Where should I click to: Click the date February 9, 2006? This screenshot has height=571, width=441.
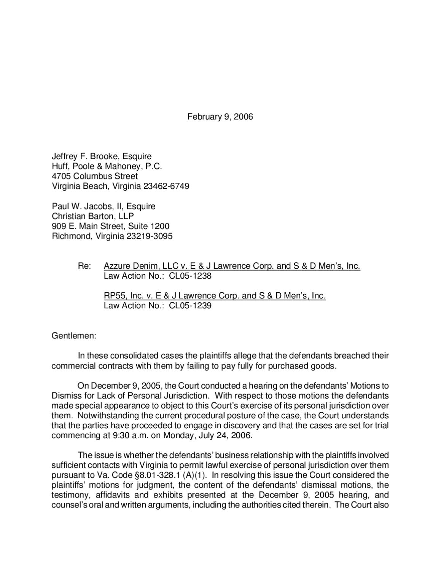click(x=220, y=116)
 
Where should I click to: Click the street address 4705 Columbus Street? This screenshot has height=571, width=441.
click(x=95, y=176)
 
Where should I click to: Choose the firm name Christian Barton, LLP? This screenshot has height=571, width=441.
click(x=93, y=216)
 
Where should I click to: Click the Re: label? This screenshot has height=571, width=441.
click(x=84, y=266)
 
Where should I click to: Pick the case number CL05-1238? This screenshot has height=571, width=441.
click(x=190, y=276)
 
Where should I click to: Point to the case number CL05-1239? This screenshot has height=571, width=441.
click(x=190, y=306)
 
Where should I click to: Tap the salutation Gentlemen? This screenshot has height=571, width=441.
click(x=74, y=336)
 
